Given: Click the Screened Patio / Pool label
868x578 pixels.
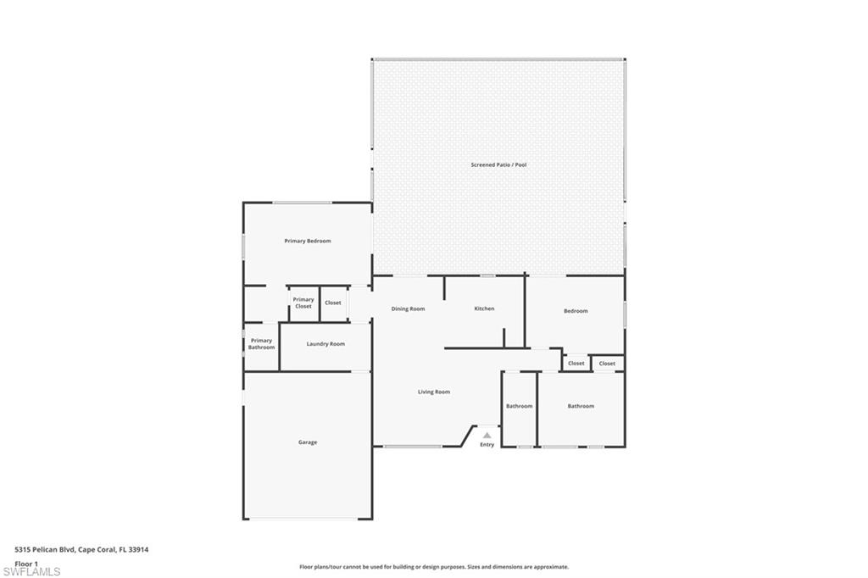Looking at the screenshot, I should (x=498, y=164).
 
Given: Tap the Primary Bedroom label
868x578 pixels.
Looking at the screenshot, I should (x=307, y=242).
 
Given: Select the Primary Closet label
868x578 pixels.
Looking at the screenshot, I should (x=303, y=303).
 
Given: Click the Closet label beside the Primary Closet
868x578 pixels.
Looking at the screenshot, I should (x=333, y=303).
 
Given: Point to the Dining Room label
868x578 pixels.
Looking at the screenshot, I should (x=408, y=308).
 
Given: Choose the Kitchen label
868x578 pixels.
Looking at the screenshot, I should (x=484, y=308).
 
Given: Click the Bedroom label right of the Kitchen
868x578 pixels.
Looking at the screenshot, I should (x=576, y=311).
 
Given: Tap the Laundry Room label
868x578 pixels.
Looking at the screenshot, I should (x=325, y=344).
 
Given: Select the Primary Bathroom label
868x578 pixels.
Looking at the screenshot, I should (x=261, y=344).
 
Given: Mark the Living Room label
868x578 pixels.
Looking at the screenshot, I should (x=434, y=392).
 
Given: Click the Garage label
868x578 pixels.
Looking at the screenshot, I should (x=308, y=442).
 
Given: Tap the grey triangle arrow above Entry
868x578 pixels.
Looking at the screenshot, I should (x=487, y=435).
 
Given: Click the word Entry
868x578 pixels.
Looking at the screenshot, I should (x=487, y=445).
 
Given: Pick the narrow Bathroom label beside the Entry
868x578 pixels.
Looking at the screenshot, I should (x=520, y=406).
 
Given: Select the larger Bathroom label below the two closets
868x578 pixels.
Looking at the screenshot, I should (x=581, y=406).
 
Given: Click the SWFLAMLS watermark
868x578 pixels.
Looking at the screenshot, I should (x=31, y=571).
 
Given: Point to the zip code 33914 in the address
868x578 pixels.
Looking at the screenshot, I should (x=138, y=549).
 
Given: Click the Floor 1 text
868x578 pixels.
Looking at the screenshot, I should (x=26, y=564).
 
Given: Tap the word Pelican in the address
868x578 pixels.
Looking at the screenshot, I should (x=46, y=549).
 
